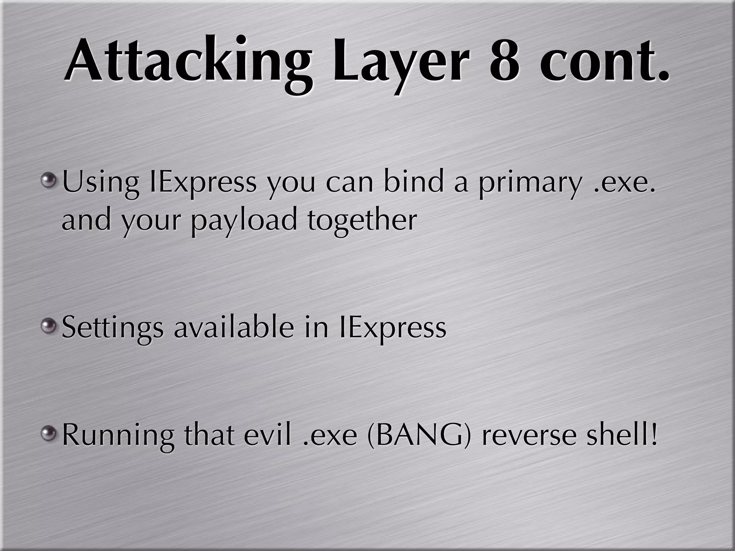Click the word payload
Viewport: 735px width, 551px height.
tap(244, 221)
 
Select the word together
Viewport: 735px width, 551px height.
tap(362, 221)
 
